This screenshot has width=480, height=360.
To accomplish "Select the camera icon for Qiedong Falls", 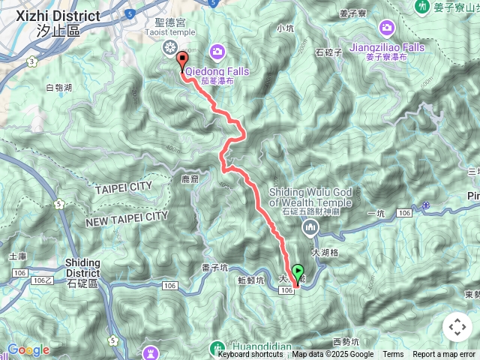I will [x=217, y=51].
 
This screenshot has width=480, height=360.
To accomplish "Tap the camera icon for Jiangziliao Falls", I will [x=388, y=28].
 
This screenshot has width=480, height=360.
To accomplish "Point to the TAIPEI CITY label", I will [x=124, y=187].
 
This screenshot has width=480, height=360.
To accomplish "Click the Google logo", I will [x=28, y=349].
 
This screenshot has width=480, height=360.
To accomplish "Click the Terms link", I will [x=393, y=355].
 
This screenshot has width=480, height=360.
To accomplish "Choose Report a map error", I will [x=443, y=355].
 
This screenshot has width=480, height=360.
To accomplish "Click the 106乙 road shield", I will [x=42, y=280].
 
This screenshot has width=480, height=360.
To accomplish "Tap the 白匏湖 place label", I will [x=58, y=88].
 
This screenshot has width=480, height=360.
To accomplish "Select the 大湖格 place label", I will [x=324, y=253].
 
